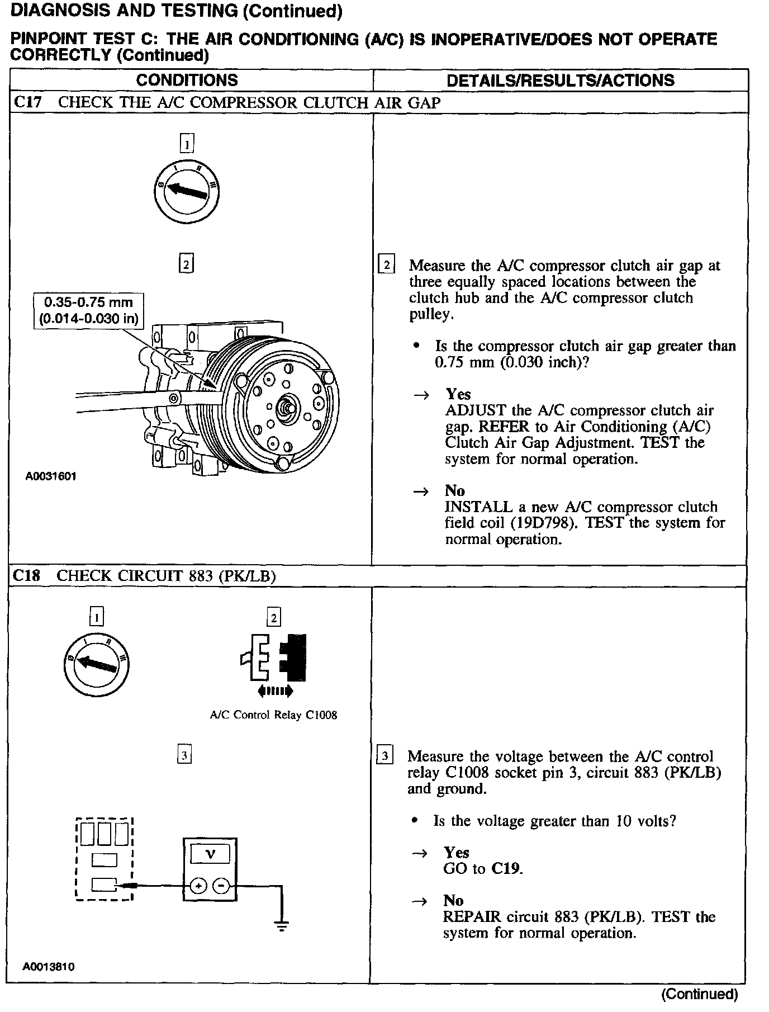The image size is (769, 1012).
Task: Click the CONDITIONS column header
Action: (x=187, y=80)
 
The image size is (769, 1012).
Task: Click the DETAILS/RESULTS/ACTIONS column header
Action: (x=560, y=81)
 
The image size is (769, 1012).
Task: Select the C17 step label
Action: (x=27, y=103)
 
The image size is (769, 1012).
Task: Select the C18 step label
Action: (x=26, y=576)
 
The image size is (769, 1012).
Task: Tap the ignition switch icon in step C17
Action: (x=187, y=191)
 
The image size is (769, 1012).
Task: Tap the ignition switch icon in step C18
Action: (x=97, y=664)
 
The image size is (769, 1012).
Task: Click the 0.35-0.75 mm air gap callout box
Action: (x=88, y=310)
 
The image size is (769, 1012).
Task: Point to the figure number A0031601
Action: (x=51, y=476)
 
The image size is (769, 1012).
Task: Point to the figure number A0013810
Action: (x=49, y=967)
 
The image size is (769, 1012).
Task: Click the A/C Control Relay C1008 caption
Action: (x=273, y=715)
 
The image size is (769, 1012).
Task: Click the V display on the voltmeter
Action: (x=210, y=854)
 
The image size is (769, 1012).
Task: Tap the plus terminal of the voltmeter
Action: (x=199, y=886)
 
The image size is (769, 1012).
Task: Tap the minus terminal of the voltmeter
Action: (x=221, y=886)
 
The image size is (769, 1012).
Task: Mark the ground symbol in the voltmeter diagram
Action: (x=282, y=925)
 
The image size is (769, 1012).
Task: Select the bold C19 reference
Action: (x=505, y=869)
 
